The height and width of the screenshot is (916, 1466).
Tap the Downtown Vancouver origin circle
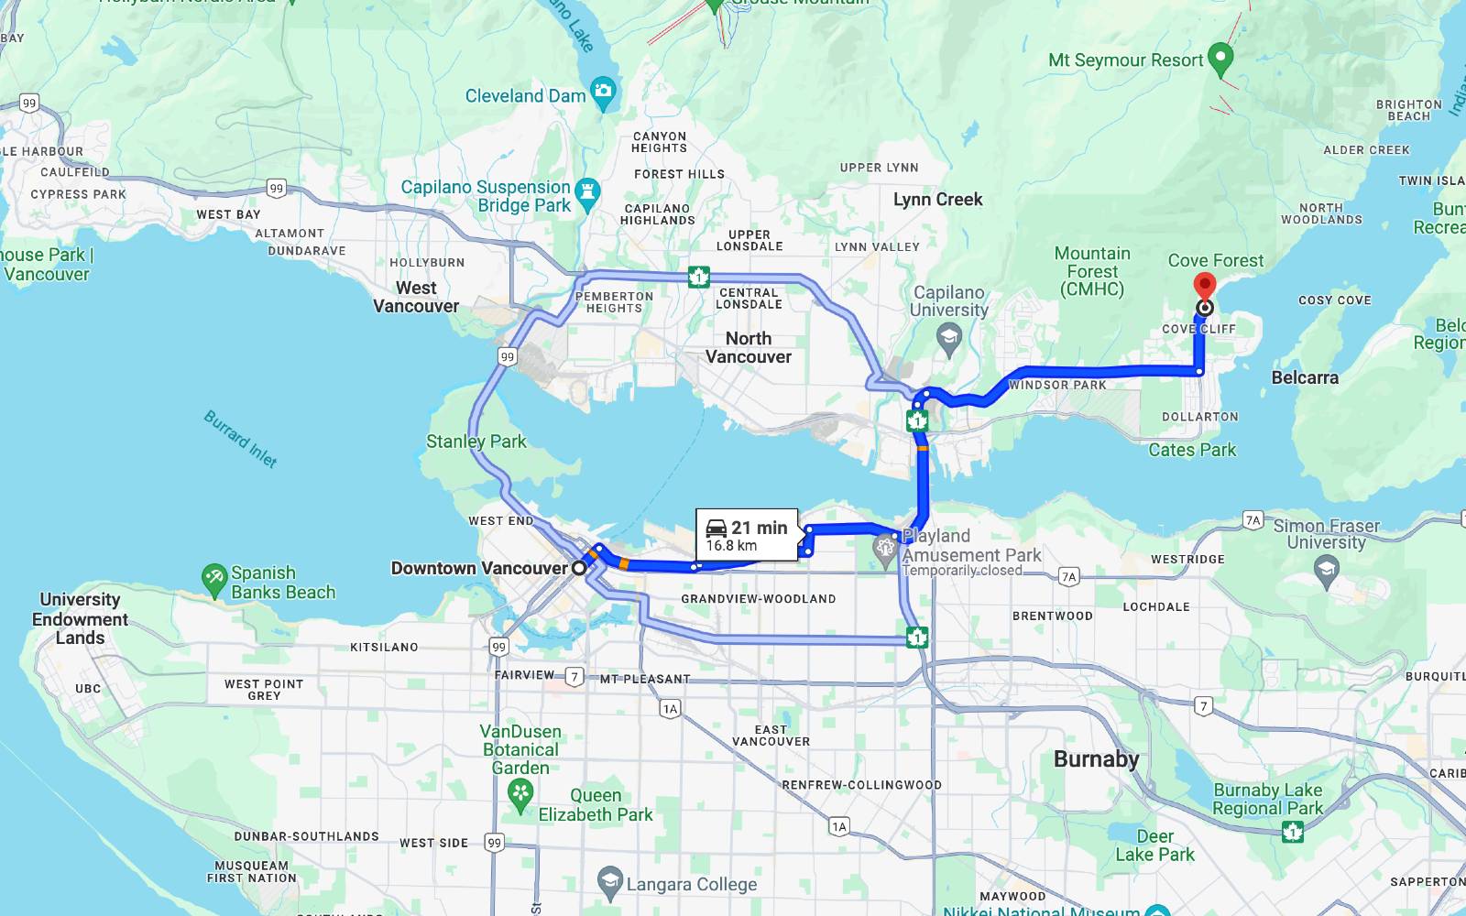tap(579, 568)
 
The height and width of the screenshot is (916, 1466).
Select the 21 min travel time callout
tap(747, 535)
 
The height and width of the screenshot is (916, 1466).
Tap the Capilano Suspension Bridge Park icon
tap(588, 192)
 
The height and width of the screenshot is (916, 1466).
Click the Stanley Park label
tap(476, 442)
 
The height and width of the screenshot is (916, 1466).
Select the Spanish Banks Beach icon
tap(213, 577)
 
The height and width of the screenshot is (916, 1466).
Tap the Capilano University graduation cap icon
tap(949, 341)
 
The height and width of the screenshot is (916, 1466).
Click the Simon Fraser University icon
tap(1326, 572)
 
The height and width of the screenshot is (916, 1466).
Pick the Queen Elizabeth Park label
tap(596, 805)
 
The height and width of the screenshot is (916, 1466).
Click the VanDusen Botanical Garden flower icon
tap(520, 793)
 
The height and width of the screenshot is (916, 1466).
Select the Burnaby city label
tap(1096, 759)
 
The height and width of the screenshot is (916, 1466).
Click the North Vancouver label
tap(749, 348)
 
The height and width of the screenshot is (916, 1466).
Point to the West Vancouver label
tap(416, 297)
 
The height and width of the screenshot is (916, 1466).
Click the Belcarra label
tap(1305, 377)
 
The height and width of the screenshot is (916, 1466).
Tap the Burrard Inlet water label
tap(240, 439)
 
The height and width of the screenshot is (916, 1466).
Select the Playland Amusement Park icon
tap(884, 549)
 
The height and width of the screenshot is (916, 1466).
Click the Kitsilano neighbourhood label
tap(384, 647)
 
